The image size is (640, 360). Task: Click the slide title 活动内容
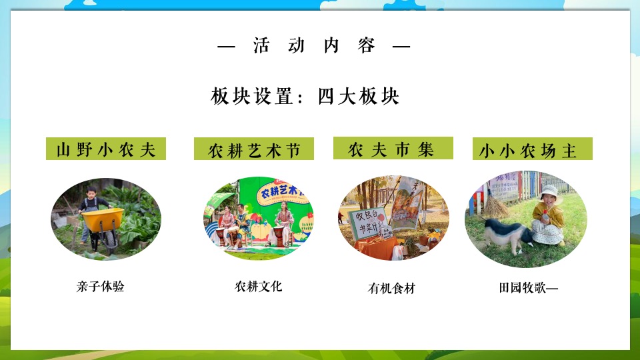[314, 46]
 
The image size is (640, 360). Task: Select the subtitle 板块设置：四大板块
[305, 96]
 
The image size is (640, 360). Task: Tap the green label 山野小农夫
[106, 149]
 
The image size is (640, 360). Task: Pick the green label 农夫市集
[393, 149]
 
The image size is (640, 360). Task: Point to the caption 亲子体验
[101, 287]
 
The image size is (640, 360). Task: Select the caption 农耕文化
[259, 286]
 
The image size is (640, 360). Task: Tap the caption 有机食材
[392, 289]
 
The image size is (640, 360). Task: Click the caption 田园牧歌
[527, 288]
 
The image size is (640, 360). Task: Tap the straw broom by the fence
[493, 204]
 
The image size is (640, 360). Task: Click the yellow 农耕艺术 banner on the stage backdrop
[281, 194]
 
